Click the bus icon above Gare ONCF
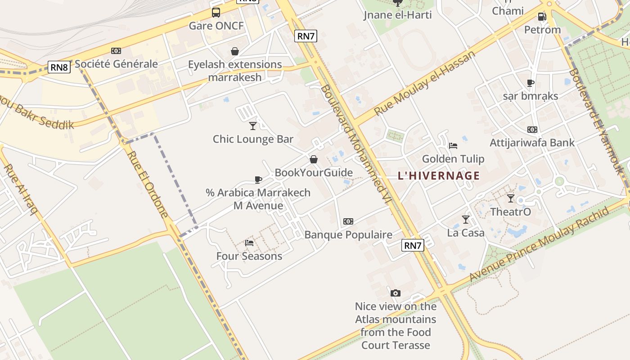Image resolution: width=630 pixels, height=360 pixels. (216, 13)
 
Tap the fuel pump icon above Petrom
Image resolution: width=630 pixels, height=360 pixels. (542, 17)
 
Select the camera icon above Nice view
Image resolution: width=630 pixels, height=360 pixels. (396, 293)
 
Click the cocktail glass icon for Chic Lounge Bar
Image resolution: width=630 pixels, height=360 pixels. (253, 126)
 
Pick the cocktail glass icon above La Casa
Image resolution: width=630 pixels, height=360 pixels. (466, 220)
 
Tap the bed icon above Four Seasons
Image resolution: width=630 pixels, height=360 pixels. (249, 243)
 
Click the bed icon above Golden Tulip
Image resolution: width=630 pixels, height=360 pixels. (453, 146)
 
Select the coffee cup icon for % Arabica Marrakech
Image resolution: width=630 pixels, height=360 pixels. (258, 180)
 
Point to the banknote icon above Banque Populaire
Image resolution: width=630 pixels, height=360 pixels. (348, 221)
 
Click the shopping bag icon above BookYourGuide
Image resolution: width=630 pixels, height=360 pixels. (314, 159)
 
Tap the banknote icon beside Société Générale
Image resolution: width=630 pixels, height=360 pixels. (116, 51)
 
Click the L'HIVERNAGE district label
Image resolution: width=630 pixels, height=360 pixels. (439, 176)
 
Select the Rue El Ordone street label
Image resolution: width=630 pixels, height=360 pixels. (148, 184)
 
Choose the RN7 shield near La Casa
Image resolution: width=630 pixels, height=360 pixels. (412, 245)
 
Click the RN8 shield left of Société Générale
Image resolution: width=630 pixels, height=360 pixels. (59, 67)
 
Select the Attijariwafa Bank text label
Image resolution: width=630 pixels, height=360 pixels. (532, 143)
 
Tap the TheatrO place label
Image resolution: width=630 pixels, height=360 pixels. (510, 211)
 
